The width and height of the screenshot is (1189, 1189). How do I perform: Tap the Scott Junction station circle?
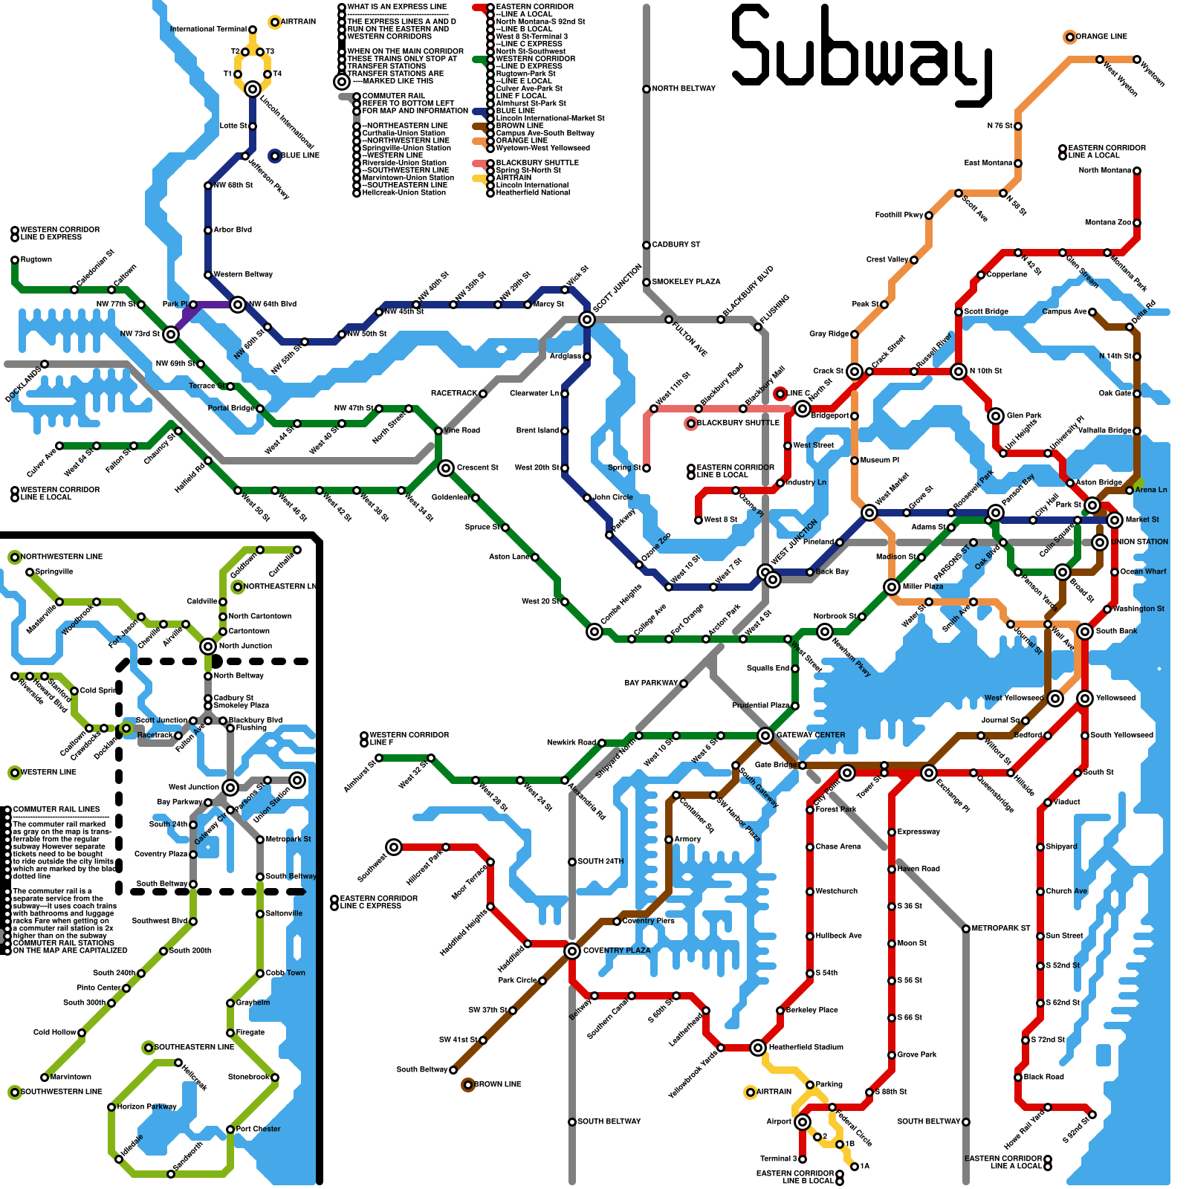[x=587, y=320]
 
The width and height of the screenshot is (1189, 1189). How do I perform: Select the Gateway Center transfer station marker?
[x=765, y=736]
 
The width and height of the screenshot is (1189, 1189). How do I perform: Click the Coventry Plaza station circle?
[x=572, y=951]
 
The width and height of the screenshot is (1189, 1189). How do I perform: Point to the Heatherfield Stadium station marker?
[x=758, y=1048]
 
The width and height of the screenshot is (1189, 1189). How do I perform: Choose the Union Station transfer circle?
[x=1100, y=542]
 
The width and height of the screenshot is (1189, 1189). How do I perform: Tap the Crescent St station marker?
[x=446, y=468]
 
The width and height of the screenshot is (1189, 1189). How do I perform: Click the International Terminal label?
[x=208, y=30]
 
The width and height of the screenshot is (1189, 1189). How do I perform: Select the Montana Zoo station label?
[x=1107, y=223]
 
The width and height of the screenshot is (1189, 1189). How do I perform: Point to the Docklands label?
[x=23, y=384]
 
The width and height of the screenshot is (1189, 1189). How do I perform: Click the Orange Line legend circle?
[x=1070, y=37]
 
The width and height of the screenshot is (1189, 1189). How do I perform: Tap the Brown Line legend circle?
[x=468, y=1085]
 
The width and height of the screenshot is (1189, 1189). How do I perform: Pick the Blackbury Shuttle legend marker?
[x=691, y=424]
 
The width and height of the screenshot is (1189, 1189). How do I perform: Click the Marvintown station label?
[x=71, y=1077]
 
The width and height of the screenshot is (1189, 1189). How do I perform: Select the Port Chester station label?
[x=258, y=1129]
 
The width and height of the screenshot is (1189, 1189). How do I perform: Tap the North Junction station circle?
[x=208, y=647]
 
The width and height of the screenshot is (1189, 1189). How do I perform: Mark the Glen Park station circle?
[x=996, y=416]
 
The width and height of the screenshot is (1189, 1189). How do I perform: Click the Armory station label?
[x=687, y=839]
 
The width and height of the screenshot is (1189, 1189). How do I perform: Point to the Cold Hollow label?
[x=54, y=1032]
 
